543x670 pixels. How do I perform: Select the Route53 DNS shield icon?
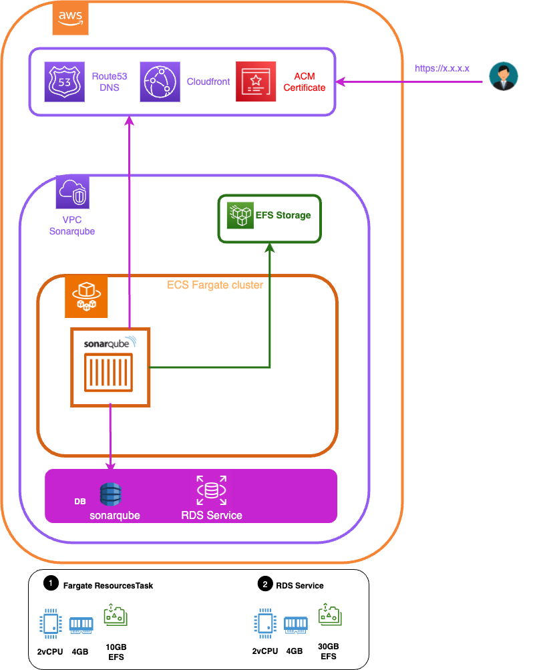[x=65, y=82]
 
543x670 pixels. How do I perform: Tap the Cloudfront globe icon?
[x=160, y=82]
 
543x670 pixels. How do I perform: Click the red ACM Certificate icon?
[x=256, y=82]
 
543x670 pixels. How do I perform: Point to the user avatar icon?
[x=503, y=75]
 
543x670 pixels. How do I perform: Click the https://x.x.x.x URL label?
[x=442, y=68]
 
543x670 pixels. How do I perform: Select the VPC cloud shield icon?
[x=73, y=192]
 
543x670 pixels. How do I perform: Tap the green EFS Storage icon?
[x=240, y=215]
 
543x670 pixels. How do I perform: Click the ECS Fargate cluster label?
[x=214, y=285]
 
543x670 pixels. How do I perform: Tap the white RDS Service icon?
[x=211, y=490]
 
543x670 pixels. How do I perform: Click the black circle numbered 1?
[x=50, y=584]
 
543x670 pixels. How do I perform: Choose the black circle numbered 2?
[x=265, y=584]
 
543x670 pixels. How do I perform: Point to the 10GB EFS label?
[x=116, y=652]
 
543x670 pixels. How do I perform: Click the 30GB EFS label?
[x=328, y=651]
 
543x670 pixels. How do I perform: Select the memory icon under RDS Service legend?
[x=295, y=625]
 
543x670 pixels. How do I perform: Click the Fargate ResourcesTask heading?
[x=108, y=585]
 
